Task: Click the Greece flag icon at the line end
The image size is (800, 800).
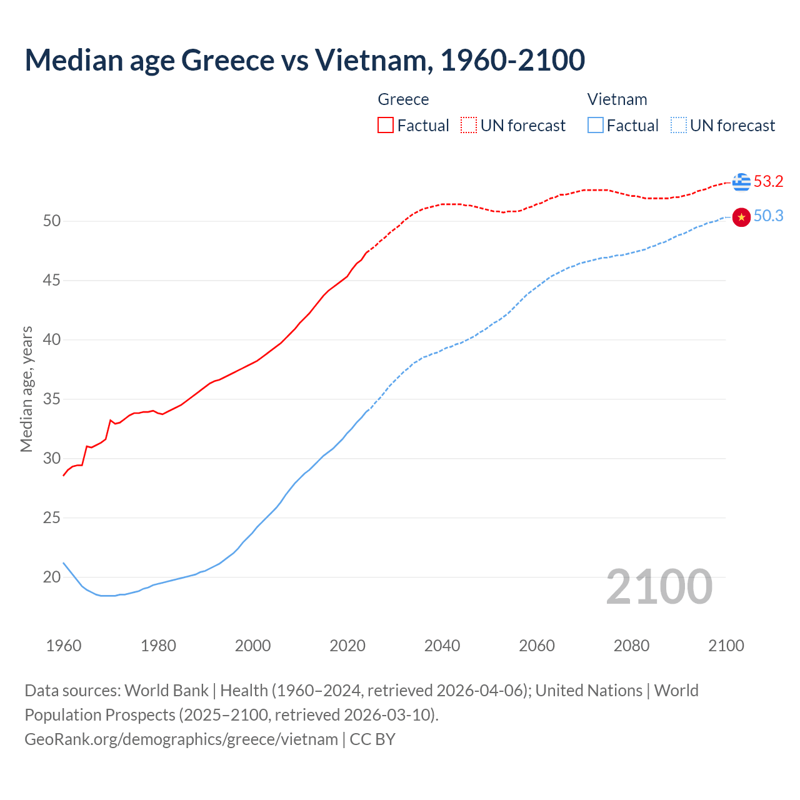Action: pos(741,182)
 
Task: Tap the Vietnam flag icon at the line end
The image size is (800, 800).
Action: pos(741,217)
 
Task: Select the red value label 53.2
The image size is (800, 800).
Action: pos(768,182)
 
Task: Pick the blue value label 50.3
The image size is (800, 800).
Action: pos(768,216)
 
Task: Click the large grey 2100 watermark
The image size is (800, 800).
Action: pos(659,586)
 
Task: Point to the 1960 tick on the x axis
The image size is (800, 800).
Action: pos(64,646)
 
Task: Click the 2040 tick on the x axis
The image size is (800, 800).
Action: pos(442,646)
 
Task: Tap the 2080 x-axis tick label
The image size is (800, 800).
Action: pos(631,646)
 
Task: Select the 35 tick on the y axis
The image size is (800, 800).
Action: pos(52,399)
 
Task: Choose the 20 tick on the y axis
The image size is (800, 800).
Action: pos(52,577)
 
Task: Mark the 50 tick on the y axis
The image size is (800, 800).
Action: pos(52,221)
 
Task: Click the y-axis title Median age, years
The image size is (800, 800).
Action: pos(26,389)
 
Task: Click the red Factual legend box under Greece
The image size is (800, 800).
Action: pos(386,126)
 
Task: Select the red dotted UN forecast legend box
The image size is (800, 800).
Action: pos(469,126)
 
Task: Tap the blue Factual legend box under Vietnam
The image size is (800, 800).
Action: pos(596,126)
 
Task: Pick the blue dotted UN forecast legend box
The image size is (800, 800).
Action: pos(678,126)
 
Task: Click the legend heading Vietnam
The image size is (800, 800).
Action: pos(617,99)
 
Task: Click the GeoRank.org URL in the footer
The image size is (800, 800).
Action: pos(181,739)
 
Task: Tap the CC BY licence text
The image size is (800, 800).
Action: pos(372,739)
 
